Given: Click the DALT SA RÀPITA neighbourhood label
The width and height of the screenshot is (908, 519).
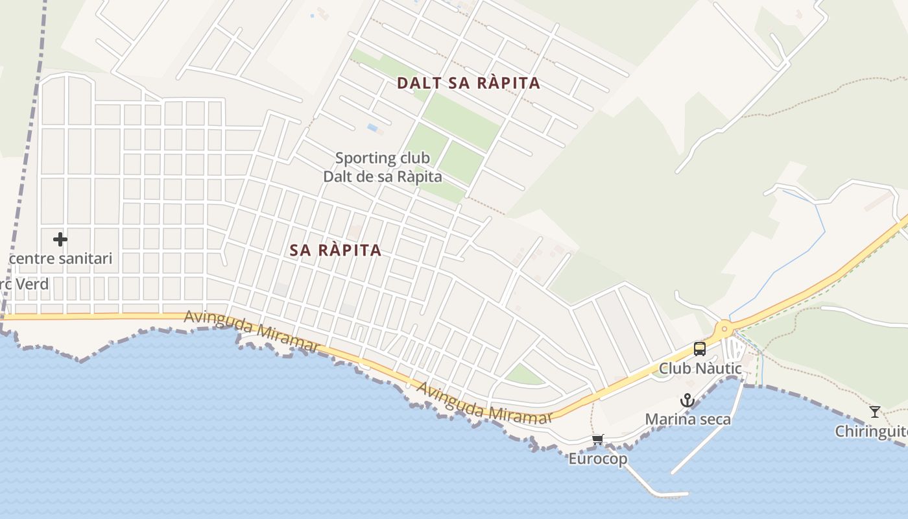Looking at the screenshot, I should pos(468,83).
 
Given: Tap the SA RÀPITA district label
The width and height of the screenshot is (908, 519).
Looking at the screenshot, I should pos(335,250).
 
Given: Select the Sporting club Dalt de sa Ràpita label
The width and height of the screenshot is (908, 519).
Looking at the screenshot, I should pos(383,167).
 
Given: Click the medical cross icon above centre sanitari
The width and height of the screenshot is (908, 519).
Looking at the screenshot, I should pos(60,239).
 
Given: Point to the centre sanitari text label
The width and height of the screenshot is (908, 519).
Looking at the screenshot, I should pos(60,259).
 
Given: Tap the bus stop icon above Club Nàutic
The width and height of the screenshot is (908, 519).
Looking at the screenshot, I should pos(699,349).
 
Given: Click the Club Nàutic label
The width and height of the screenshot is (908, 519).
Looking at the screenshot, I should pos(700,368).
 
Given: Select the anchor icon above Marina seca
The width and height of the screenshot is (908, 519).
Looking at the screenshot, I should pos(687,401).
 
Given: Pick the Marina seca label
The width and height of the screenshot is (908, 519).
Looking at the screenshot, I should pos(687,420).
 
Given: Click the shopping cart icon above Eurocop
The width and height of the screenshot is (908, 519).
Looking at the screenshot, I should pos(598,440).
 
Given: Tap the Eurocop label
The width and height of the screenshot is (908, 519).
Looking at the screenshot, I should pos(598,459).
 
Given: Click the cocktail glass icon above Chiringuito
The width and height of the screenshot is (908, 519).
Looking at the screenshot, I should pos(875,411).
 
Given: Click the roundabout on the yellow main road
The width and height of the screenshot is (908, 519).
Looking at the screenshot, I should pos(724,329).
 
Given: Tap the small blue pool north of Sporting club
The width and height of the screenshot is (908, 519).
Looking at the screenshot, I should pos(373,128).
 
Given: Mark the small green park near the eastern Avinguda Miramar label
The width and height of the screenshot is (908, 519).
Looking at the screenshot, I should pos(523,374).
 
